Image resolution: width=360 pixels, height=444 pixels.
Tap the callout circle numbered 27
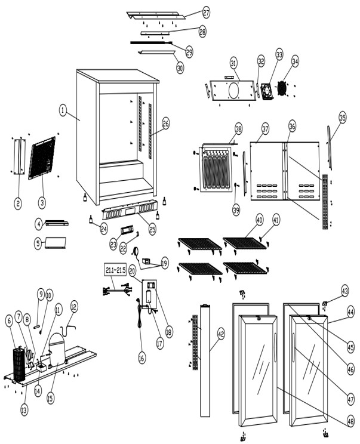(205, 12)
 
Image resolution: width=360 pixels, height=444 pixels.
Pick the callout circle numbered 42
(220, 334)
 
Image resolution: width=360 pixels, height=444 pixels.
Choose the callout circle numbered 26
(166, 124)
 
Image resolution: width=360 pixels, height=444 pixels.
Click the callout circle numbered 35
(342, 118)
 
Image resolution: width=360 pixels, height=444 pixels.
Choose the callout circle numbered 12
(73, 306)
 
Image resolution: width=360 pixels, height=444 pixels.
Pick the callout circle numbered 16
(141, 358)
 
